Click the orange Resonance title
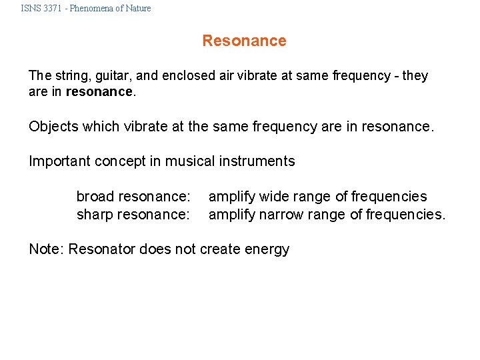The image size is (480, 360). coord(244,41)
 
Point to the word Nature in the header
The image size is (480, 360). coord(137,9)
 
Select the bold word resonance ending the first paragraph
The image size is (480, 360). coord(100,92)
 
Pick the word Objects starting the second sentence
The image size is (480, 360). coord(53,127)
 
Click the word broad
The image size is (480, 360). coord(95,197)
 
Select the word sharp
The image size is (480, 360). coord(95,215)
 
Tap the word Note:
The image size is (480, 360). coord(46,249)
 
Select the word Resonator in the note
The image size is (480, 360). coord(101,249)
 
